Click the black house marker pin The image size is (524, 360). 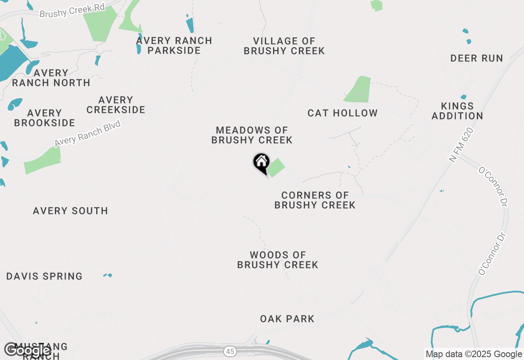(261, 163)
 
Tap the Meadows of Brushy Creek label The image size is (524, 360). (252, 135)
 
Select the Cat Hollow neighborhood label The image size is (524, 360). (342, 113)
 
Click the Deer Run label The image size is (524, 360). (477, 58)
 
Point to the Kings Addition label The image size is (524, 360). (457, 111)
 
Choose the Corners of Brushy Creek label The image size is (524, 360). (315, 200)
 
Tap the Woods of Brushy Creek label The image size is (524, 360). (278, 260)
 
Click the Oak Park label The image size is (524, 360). (287, 319)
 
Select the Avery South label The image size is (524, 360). (70, 211)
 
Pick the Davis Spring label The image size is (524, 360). (44, 276)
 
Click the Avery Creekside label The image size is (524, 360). (116, 105)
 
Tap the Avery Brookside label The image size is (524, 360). (44, 118)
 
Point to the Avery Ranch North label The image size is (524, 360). (51, 78)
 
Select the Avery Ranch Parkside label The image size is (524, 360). (174, 45)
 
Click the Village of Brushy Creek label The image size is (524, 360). (284, 46)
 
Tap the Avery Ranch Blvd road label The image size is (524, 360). (88, 133)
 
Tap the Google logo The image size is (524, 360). (27, 350)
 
